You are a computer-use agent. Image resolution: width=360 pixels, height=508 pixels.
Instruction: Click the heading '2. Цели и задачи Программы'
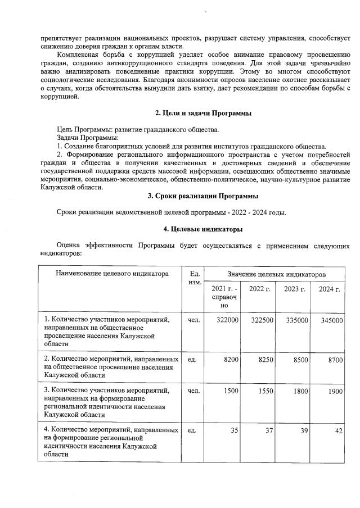[202, 114]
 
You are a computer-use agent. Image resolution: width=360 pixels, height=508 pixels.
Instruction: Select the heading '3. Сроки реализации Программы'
[202, 196]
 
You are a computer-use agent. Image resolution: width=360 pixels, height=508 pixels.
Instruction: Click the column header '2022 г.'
[260, 289]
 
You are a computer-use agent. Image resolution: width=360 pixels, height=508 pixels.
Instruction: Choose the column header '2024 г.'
[329, 289]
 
